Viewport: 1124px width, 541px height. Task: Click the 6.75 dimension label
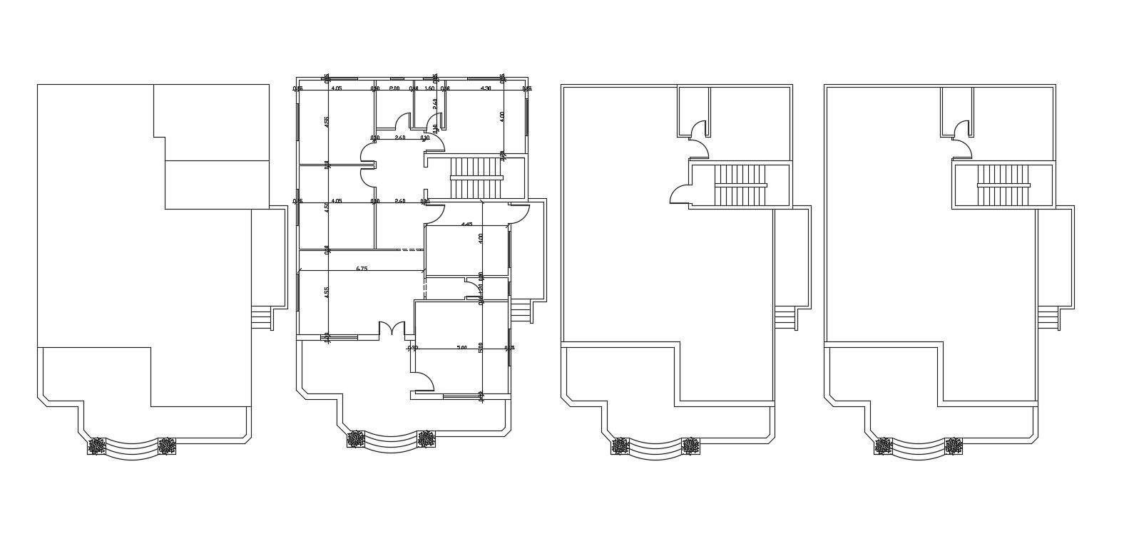click(x=362, y=269)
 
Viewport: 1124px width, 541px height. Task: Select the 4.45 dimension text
click(x=466, y=224)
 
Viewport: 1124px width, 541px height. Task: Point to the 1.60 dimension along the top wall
click(x=429, y=88)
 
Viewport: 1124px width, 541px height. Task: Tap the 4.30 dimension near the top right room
click(x=486, y=88)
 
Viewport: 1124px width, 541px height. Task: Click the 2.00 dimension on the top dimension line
click(x=394, y=88)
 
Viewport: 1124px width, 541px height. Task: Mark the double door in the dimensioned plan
click(x=391, y=329)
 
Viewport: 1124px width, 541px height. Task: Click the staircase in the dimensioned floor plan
click(x=476, y=178)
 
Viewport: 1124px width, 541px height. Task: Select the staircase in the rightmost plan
click(x=1003, y=185)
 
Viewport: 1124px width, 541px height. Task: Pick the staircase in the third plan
click(x=740, y=185)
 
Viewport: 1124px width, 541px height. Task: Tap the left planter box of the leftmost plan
click(x=96, y=446)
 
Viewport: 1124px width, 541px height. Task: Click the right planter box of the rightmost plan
click(x=954, y=446)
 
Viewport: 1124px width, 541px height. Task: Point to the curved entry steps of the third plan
click(x=655, y=450)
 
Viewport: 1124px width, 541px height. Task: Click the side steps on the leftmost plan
click(x=261, y=318)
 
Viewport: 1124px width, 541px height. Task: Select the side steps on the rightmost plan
click(x=1048, y=318)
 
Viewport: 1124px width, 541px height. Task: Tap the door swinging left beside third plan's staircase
click(x=680, y=195)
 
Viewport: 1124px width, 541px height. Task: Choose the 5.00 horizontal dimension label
click(x=461, y=348)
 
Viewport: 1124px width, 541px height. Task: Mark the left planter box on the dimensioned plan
click(x=356, y=440)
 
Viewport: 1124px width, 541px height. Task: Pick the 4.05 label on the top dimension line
click(x=337, y=88)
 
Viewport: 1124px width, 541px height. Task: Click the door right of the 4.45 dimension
click(x=519, y=212)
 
